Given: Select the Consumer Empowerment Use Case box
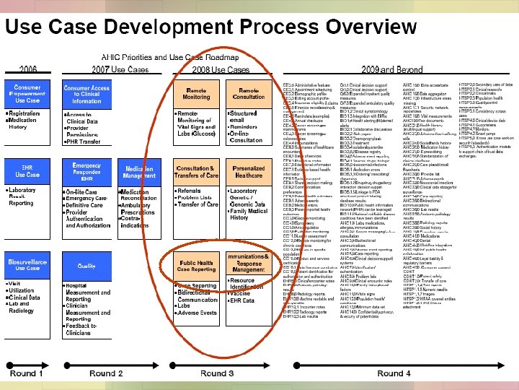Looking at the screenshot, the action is (27, 92).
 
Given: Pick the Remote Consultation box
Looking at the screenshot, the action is (249, 93).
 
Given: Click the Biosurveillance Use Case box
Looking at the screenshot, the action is (27, 264).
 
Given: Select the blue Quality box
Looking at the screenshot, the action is (87, 265).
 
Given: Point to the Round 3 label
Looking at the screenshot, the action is (217, 373).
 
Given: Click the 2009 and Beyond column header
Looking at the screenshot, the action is (392, 69).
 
